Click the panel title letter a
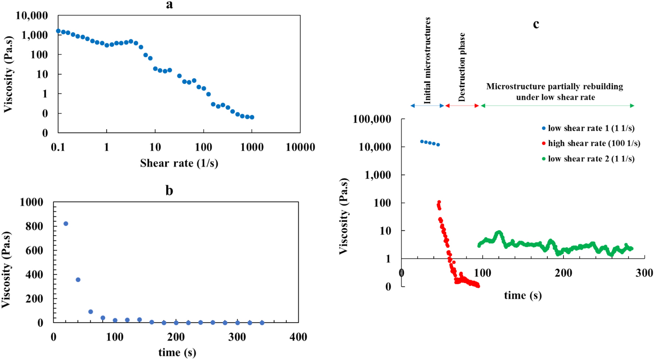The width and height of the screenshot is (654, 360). [169, 5]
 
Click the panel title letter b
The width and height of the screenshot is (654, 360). [169, 191]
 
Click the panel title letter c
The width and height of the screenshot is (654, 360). [536, 24]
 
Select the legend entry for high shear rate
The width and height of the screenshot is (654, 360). [594, 143]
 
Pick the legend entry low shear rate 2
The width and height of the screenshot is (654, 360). [591, 159]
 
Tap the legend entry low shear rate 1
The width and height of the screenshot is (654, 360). [591, 128]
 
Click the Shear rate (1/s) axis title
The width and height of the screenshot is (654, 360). [179, 163]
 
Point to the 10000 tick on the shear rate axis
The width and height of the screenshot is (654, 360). [300, 147]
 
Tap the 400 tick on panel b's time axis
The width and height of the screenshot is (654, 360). [298, 337]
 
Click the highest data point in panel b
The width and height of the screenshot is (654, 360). [66, 224]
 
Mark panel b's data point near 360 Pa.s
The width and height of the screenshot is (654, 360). [78, 280]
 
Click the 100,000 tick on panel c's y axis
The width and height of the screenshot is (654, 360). [372, 119]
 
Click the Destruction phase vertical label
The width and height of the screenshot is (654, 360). [462, 67]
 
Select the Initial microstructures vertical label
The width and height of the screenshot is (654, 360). [428, 60]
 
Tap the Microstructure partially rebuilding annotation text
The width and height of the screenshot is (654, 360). [555, 92]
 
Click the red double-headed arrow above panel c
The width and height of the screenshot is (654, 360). [462, 106]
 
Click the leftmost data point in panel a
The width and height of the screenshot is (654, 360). [58, 31]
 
